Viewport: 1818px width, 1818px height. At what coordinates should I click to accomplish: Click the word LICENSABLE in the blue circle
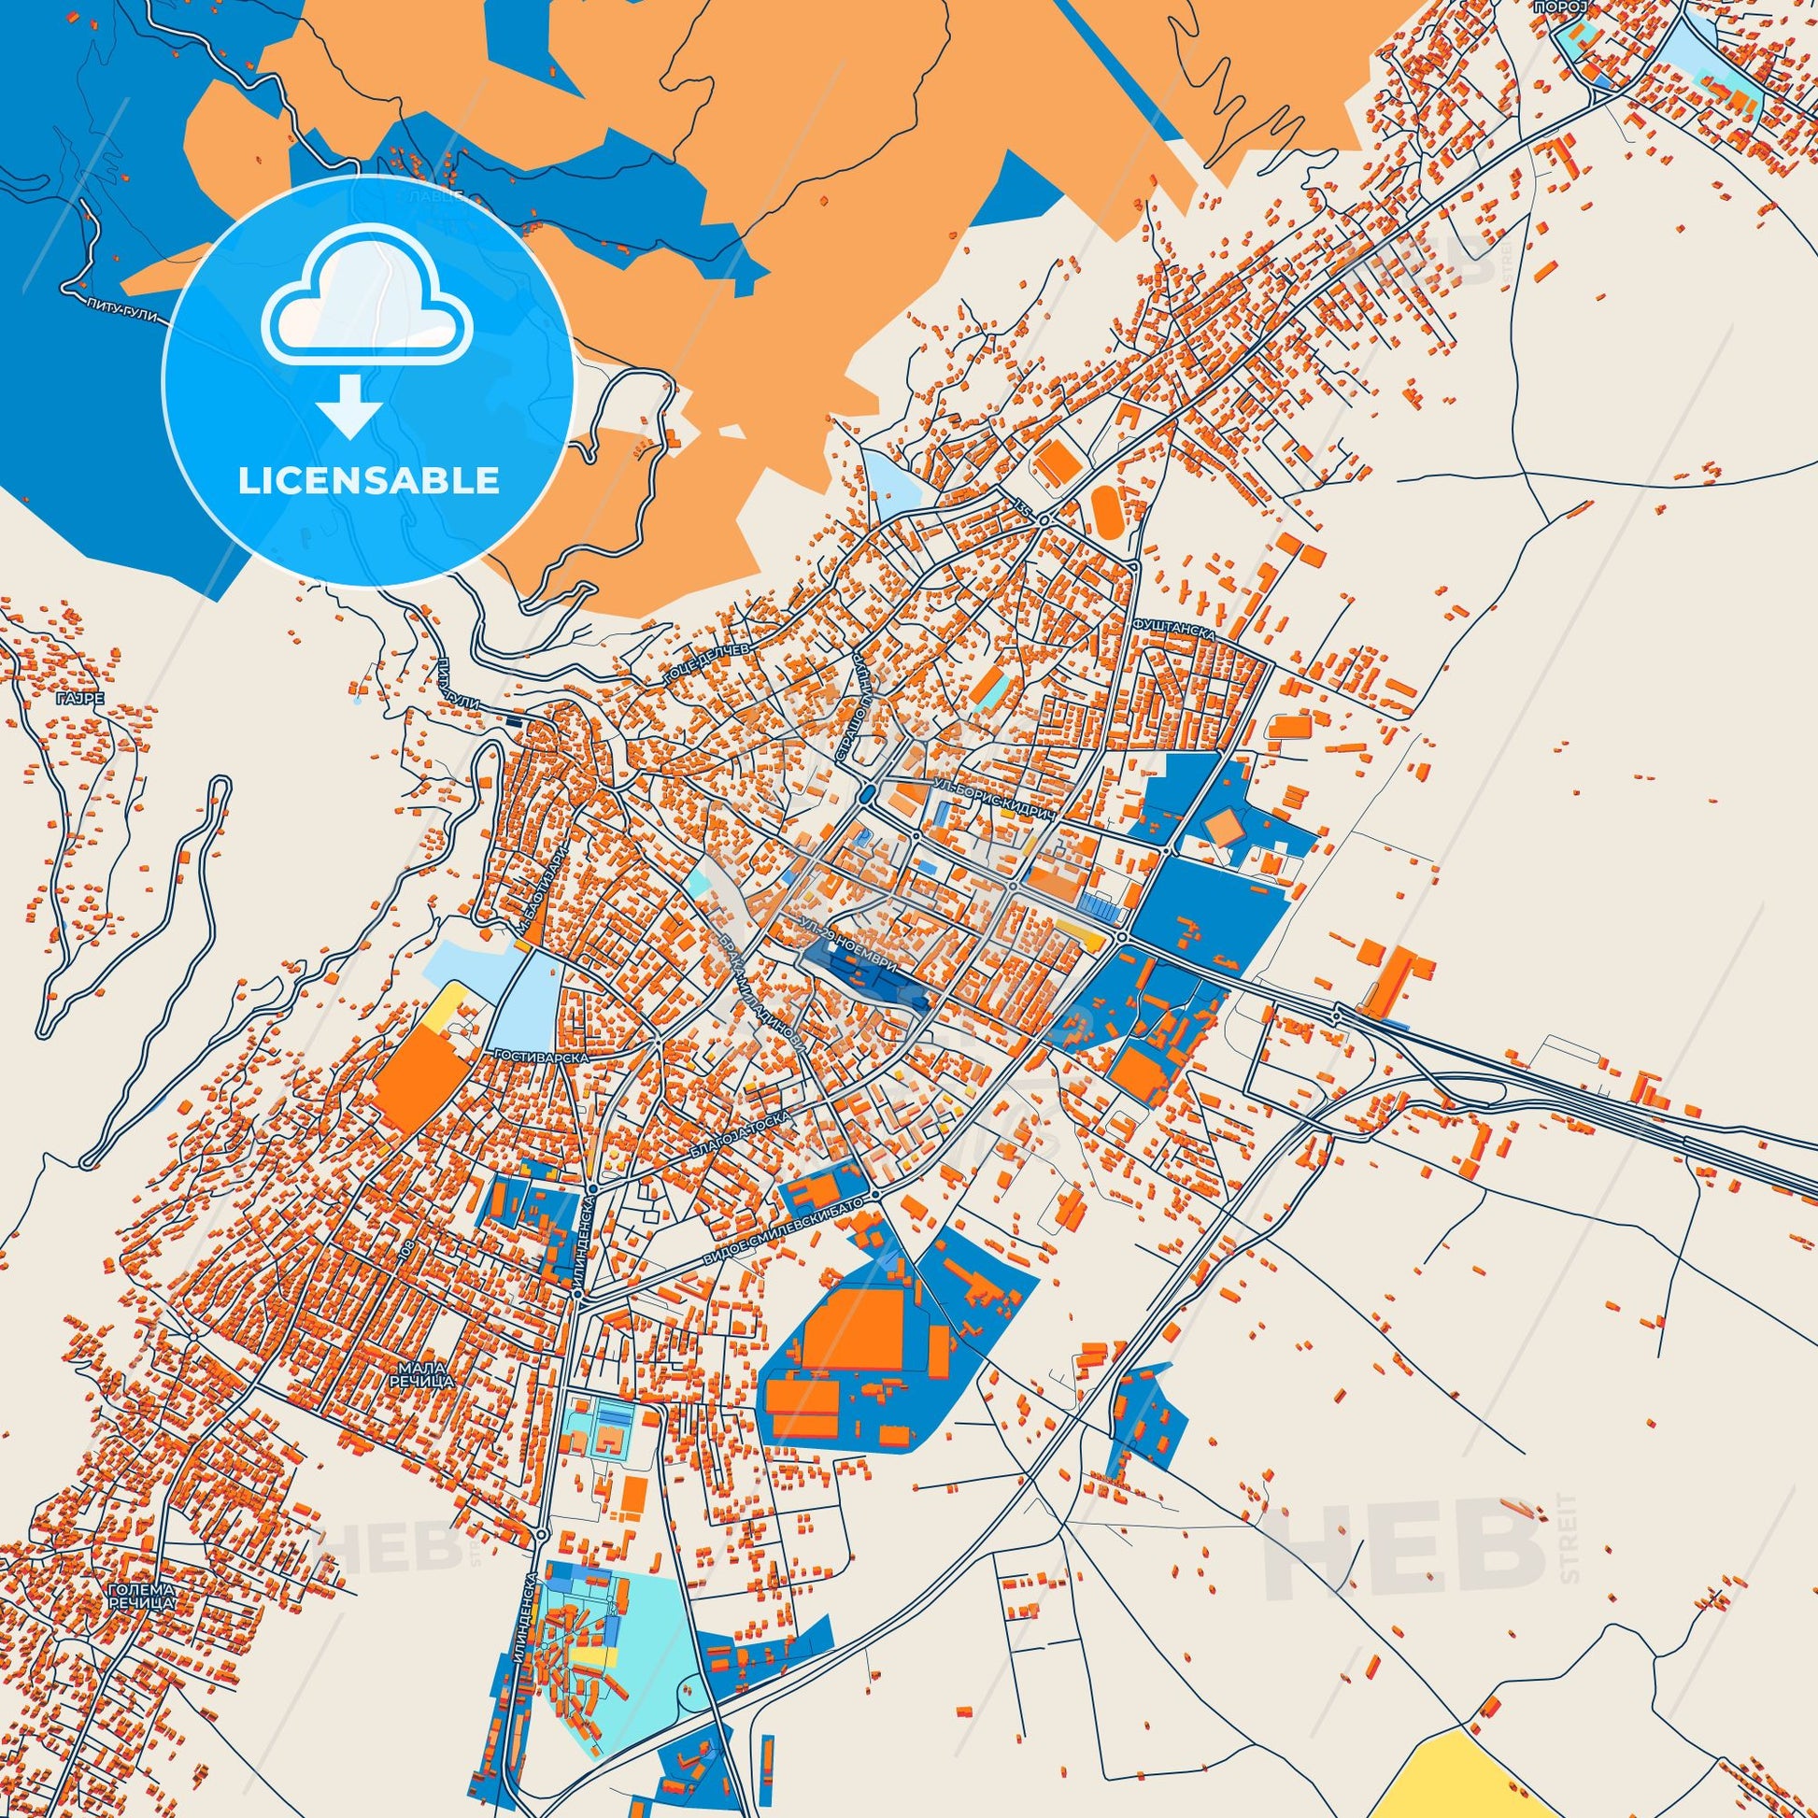[368, 481]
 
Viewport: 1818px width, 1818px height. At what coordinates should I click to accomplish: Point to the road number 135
[1025, 509]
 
